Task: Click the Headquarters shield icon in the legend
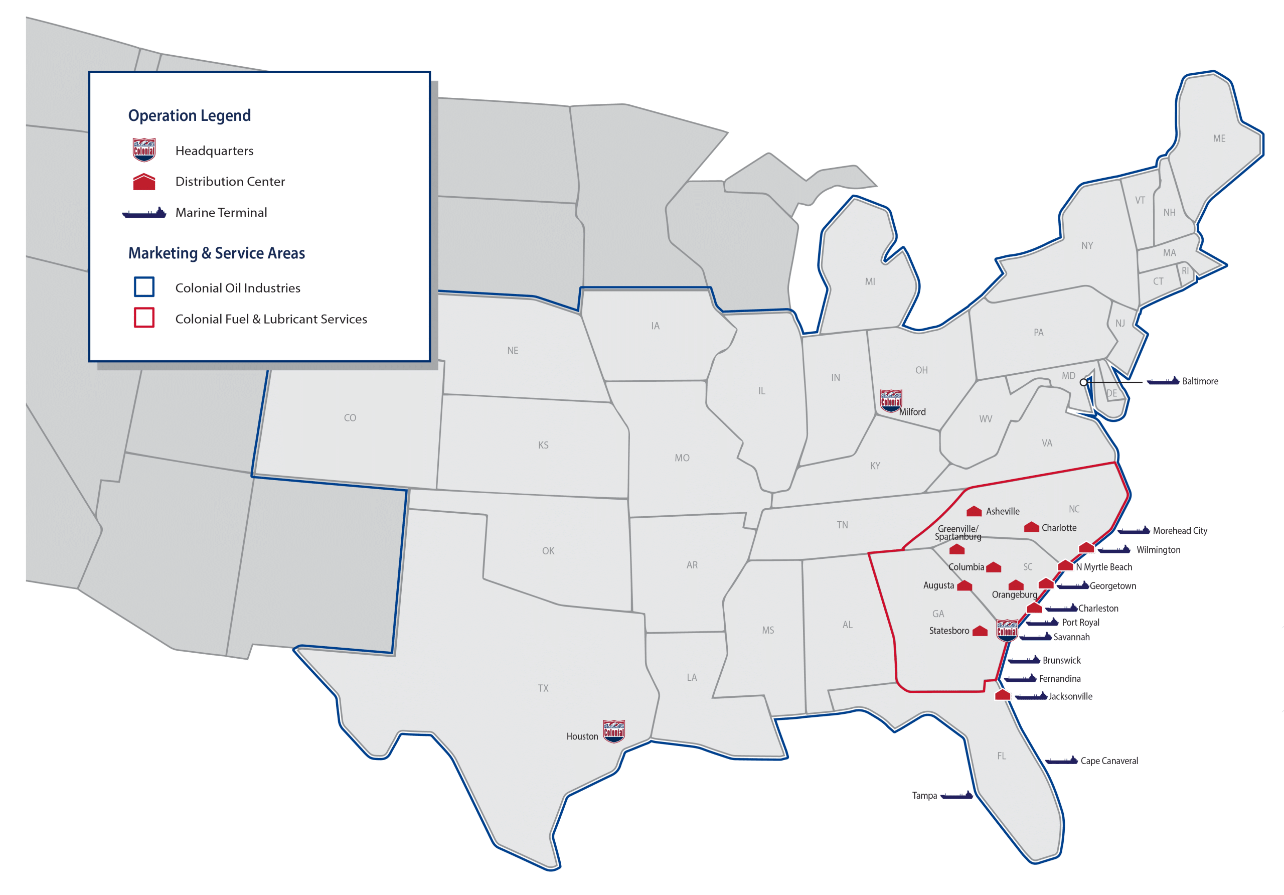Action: (144, 150)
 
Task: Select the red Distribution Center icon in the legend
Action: (144, 182)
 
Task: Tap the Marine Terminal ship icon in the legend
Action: (144, 213)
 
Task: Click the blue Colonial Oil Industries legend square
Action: (144, 287)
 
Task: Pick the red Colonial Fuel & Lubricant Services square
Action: (144, 318)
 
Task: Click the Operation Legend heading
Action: (189, 115)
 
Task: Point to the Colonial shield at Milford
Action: (890, 400)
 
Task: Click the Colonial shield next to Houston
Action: (613, 730)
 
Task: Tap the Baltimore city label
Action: (1200, 381)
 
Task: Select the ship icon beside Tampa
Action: (957, 796)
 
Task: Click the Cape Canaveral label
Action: (1109, 761)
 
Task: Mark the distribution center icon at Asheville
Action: (974, 511)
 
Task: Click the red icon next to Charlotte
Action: (1031, 527)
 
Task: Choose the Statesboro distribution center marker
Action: (980, 631)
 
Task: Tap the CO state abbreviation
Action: (350, 418)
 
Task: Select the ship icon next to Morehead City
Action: (1134, 530)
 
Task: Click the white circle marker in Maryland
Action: (1083, 383)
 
